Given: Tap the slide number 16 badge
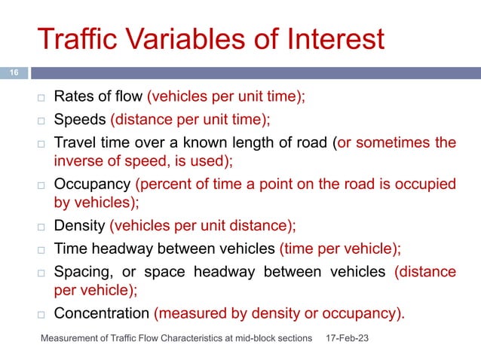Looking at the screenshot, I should [13, 73].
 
